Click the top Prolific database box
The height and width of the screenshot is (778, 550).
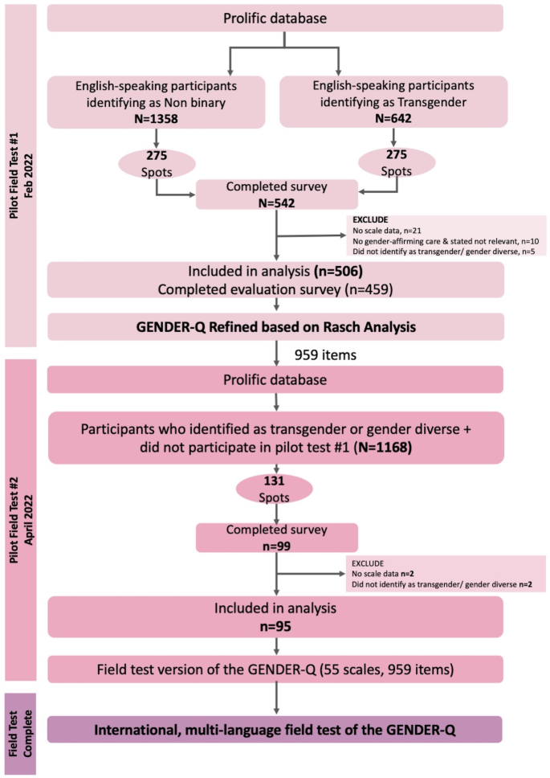[275, 18]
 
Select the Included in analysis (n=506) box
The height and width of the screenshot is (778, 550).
[275, 280]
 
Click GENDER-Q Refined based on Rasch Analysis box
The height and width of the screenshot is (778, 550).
[275, 326]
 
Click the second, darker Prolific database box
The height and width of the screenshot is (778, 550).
[275, 379]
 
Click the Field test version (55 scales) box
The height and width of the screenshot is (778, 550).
[275, 669]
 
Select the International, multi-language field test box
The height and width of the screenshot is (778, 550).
[275, 730]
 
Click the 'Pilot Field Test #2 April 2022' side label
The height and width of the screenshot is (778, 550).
[22, 519]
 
